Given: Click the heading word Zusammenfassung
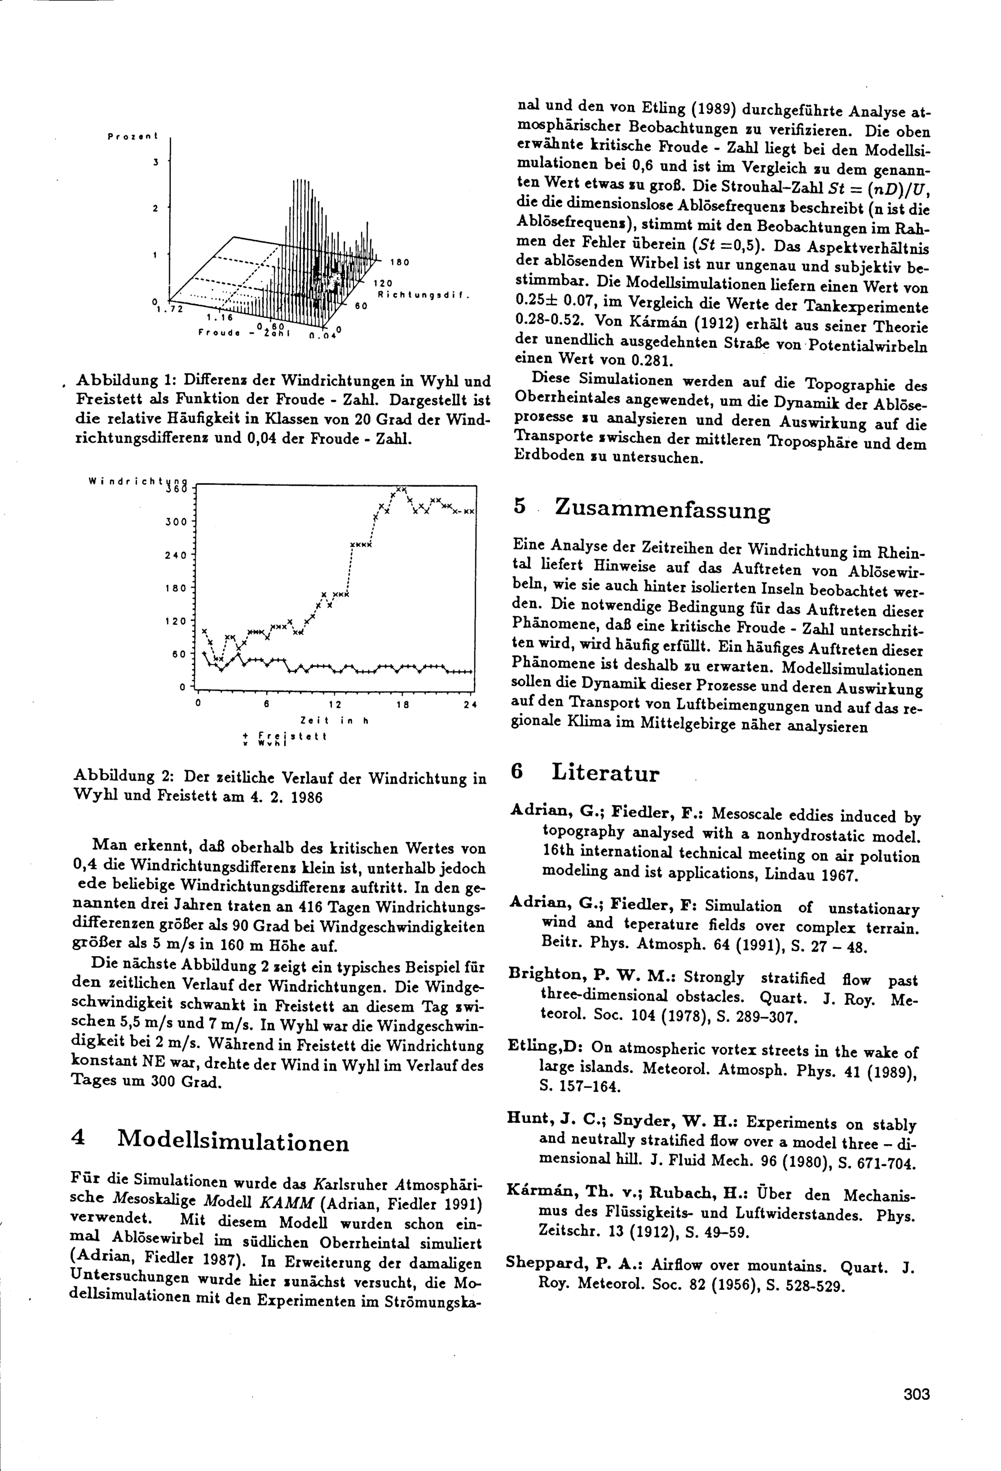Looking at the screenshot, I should [x=662, y=509].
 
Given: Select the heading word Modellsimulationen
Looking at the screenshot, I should [x=233, y=1141].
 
